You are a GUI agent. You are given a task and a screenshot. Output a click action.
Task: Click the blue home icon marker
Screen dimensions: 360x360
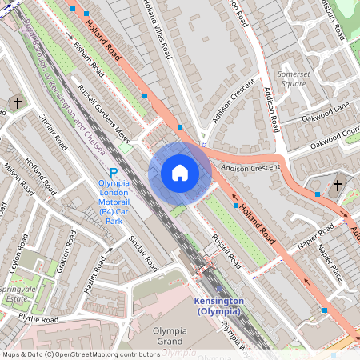180,173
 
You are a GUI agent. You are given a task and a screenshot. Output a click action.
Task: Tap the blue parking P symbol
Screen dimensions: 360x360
113,173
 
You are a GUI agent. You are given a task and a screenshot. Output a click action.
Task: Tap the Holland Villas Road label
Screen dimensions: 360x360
157,30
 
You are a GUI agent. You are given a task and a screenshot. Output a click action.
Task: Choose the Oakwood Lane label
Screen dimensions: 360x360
326,112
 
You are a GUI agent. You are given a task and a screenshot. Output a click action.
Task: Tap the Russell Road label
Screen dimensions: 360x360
226,251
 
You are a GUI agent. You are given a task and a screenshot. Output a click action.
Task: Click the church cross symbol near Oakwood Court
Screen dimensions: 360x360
337,186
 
